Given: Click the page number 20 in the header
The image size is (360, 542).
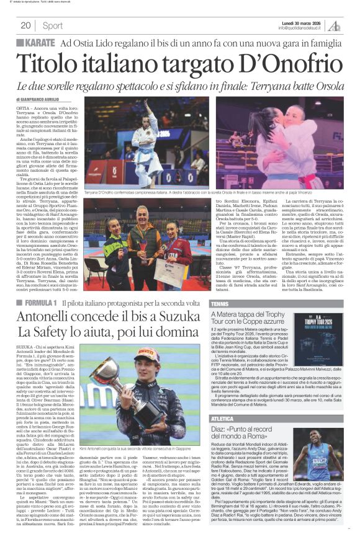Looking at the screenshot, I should point(26,25).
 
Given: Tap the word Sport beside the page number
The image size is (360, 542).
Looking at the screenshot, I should point(53,25).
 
